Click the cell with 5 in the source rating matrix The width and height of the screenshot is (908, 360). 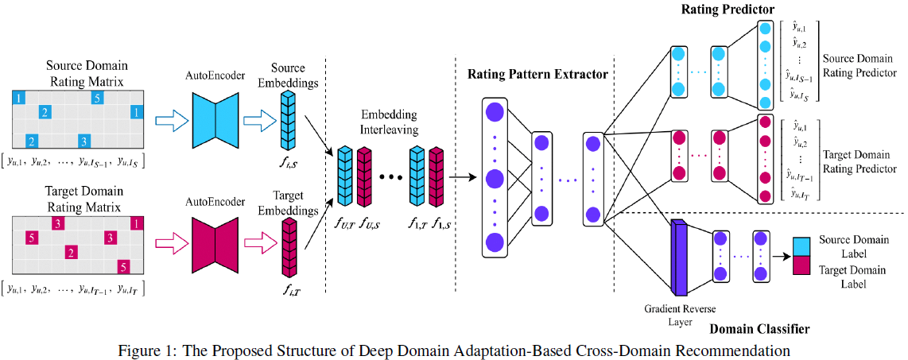pos(96,99)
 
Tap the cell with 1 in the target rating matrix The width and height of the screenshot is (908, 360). pos(137,225)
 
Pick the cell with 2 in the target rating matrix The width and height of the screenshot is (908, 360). pos(71,254)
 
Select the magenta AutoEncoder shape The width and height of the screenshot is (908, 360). pos(215,238)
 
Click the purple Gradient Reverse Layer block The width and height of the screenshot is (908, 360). pos(678,256)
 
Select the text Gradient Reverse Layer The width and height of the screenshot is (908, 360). pos(669,315)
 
